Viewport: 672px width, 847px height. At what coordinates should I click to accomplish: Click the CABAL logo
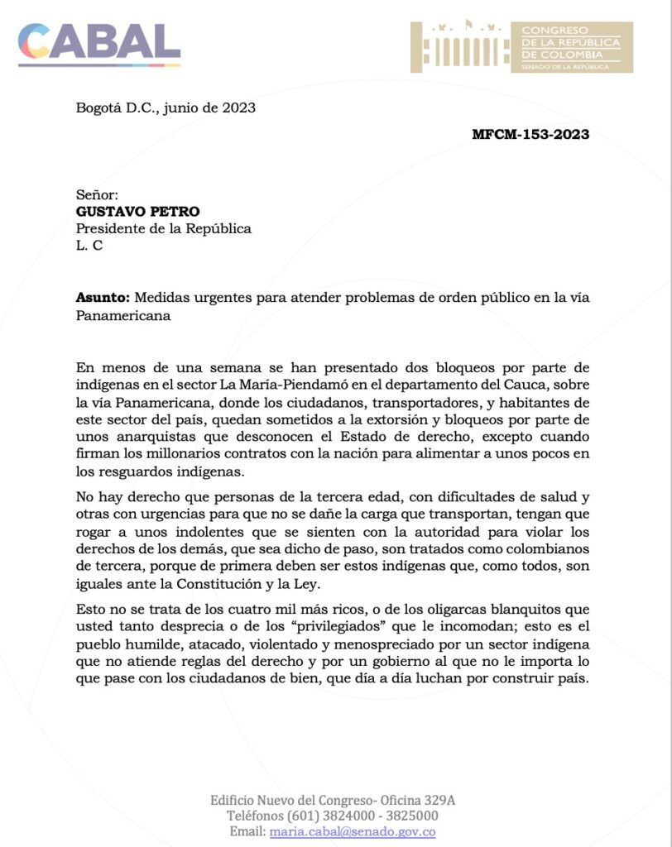click(x=98, y=43)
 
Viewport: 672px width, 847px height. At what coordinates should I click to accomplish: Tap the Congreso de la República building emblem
click(x=459, y=47)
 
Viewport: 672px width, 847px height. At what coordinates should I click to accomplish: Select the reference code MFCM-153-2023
click(x=530, y=135)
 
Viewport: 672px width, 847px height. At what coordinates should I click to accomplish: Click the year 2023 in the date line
click(x=238, y=108)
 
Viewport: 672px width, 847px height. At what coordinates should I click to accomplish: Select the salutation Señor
click(x=98, y=194)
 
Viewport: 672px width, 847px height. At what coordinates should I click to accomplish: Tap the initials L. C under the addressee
click(x=89, y=246)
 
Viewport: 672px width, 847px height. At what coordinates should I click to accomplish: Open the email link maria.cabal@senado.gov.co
click(x=353, y=832)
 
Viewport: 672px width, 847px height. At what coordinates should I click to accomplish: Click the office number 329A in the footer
click(x=439, y=800)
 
